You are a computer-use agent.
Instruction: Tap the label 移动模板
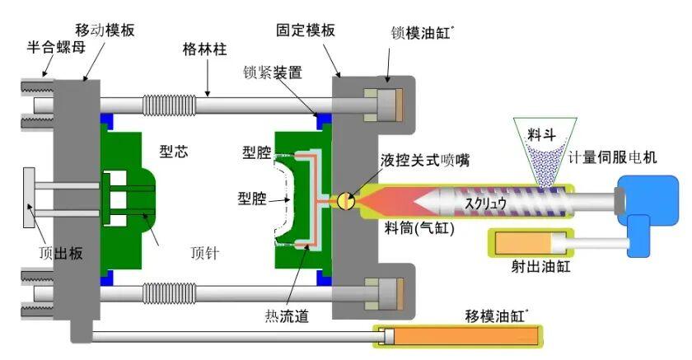pyautogui.click(x=104, y=30)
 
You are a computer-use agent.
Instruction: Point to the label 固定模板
pyautogui.click(x=306, y=30)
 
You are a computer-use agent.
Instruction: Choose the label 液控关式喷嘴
pyautogui.click(x=425, y=160)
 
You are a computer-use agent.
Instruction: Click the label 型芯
pyautogui.click(x=175, y=152)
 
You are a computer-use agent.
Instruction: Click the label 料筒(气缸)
pyautogui.click(x=418, y=227)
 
